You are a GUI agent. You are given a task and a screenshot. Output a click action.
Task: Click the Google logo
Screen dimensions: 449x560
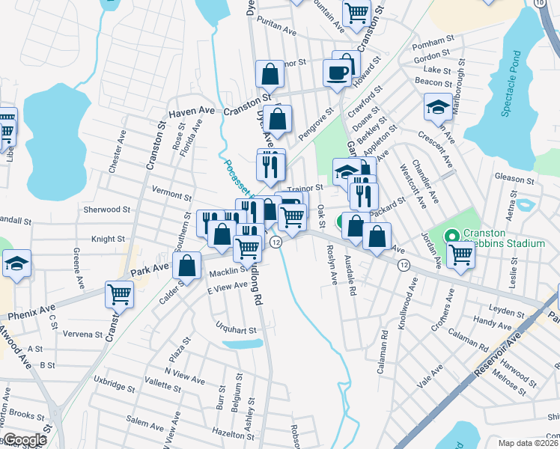(x=24, y=440)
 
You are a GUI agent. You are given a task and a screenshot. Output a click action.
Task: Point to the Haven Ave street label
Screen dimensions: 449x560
(x=192, y=112)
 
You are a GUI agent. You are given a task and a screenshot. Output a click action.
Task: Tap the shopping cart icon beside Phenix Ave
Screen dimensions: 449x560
(x=119, y=294)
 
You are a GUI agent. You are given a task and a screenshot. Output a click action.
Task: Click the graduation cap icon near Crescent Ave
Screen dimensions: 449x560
(x=438, y=107)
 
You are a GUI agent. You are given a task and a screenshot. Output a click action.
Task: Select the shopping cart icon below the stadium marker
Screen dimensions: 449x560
(x=460, y=254)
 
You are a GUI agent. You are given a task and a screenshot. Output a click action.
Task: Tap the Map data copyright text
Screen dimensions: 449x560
(x=529, y=443)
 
